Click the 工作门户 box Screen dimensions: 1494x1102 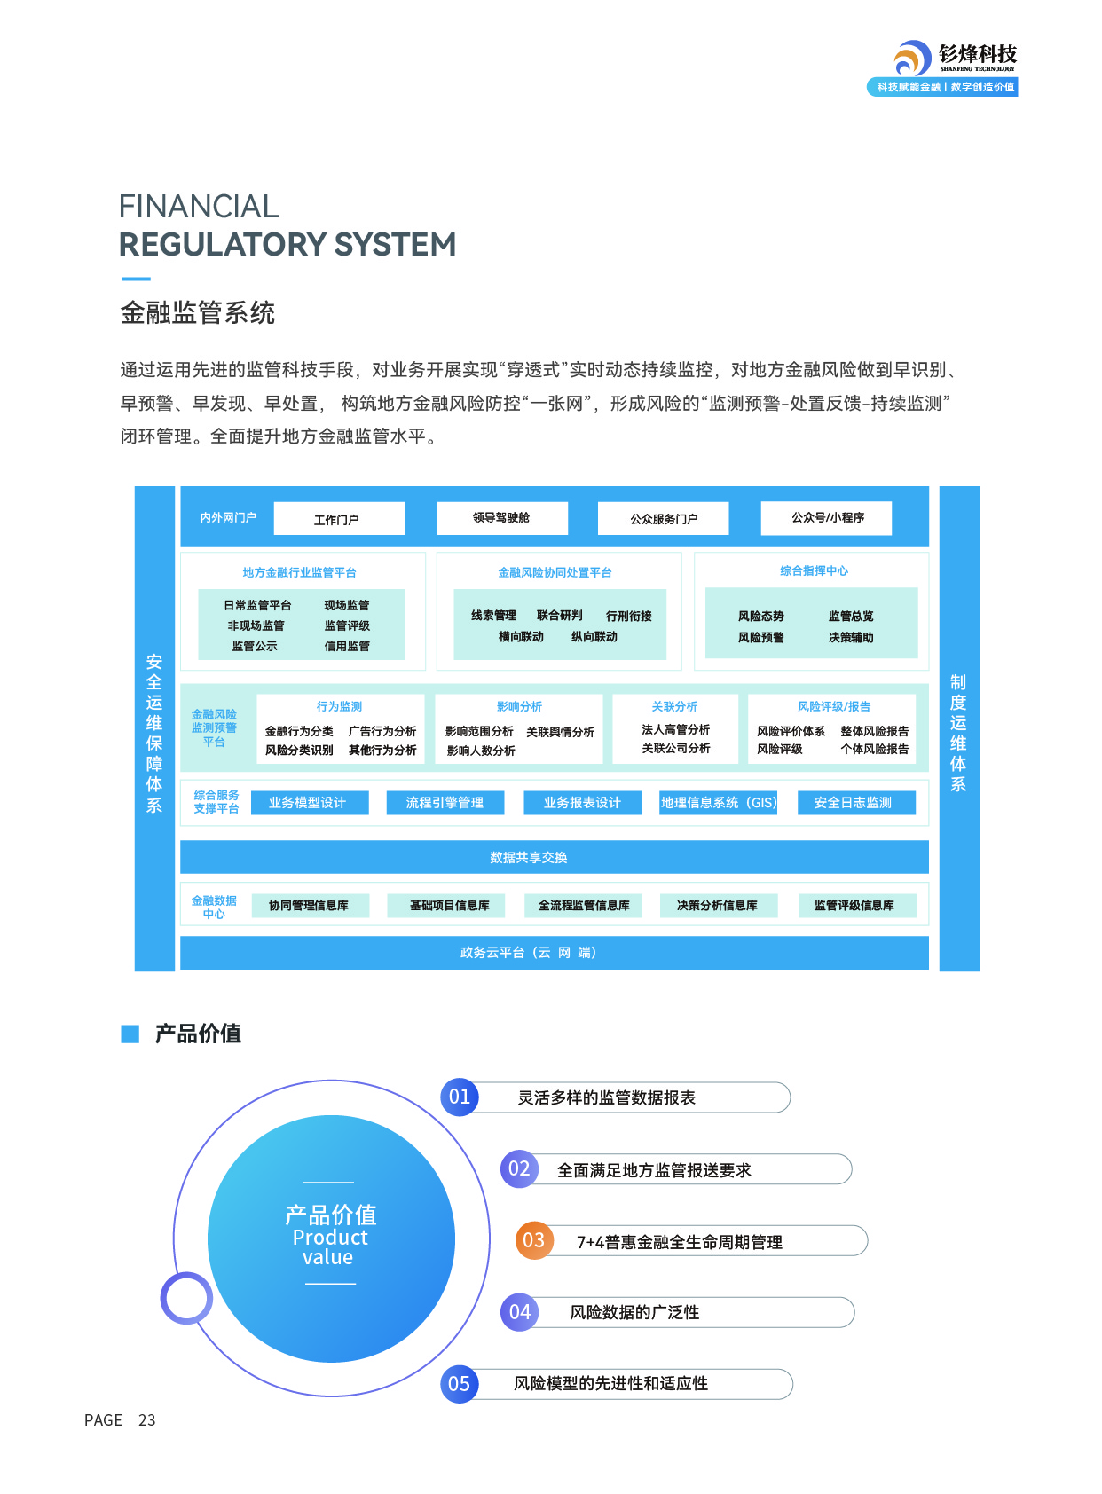(339, 519)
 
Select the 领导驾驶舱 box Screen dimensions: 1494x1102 (502, 518)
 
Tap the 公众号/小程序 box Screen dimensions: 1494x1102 (827, 518)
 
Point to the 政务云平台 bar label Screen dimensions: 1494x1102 (528, 953)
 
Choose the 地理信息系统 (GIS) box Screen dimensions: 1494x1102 (718, 803)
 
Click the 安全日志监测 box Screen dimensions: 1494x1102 (853, 803)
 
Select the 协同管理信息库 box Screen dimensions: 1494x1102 (309, 906)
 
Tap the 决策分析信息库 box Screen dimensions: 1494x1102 (718, 906)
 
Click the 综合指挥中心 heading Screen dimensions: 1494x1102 (814, 571)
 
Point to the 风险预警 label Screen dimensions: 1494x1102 (760, 638)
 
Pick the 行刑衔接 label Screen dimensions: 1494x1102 (629, 617)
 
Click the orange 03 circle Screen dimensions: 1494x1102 (534, 1240)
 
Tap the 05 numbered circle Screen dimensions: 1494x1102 (460, 1384)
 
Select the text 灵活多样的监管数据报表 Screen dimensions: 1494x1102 (607, 1098)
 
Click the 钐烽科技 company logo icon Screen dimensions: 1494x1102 (912, 59)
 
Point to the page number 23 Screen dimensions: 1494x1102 (147, 1420)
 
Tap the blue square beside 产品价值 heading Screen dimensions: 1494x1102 (130, 1034)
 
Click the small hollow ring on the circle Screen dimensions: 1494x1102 (186, 1298)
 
